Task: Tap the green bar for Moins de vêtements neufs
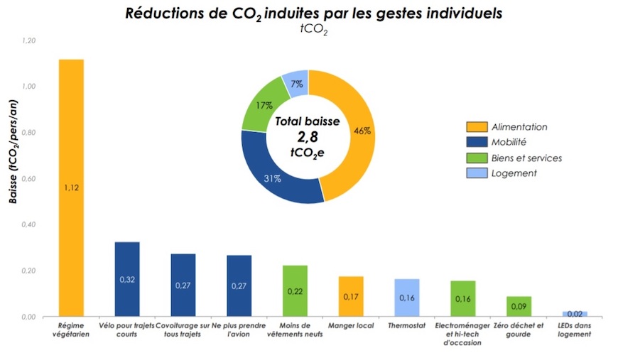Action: pyautogui.click(x=295, y=290)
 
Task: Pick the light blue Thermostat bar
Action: pyautogui.click(x=407, y=298)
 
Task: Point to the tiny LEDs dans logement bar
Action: pyautogui.click(x=575, y=314)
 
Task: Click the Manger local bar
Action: pyautogui.click(x=351, y=296)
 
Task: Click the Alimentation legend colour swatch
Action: pyautogui.click(x=476, y=127)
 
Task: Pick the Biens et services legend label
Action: pyautogui.click(x=528, y=158)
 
